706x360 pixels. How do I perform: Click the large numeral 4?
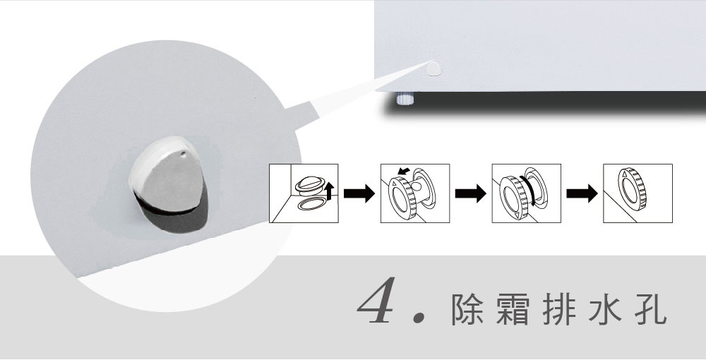[377, 300]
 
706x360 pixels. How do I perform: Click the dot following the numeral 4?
[419, 317]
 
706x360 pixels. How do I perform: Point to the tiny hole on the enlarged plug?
[183, 154]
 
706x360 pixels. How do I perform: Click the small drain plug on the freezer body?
[433, 69]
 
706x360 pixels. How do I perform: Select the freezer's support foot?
[405, 98]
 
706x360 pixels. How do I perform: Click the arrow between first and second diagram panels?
[359, 193]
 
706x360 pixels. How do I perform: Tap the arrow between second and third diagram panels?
[470, 193]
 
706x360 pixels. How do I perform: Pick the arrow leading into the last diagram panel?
[582, 193]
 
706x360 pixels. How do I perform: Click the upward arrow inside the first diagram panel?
[329, 191]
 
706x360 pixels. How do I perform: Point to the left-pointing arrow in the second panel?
[405, 172]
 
